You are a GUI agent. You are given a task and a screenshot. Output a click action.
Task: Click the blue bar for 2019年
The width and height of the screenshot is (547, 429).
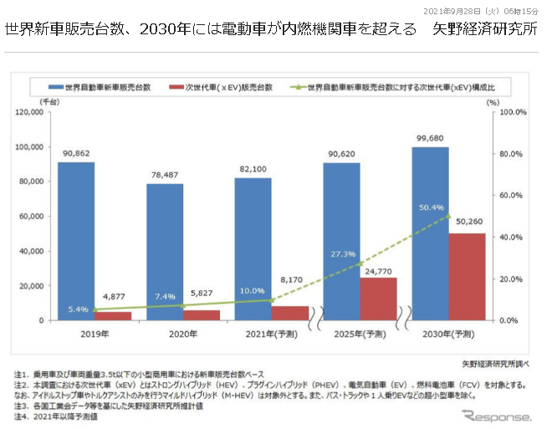coord(75,241)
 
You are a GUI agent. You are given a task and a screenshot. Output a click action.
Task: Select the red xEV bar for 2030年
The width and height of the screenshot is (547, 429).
coord(468,276)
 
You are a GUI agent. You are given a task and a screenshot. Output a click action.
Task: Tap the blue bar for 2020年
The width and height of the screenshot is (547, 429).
coord(164,252)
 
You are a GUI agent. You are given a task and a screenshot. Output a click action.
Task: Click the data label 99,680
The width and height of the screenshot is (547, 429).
coord(430,139)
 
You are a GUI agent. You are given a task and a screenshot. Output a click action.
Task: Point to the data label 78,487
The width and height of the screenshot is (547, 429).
coord(164,176)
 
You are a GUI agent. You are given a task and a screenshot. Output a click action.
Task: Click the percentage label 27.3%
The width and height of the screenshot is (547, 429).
coord(344,253)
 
